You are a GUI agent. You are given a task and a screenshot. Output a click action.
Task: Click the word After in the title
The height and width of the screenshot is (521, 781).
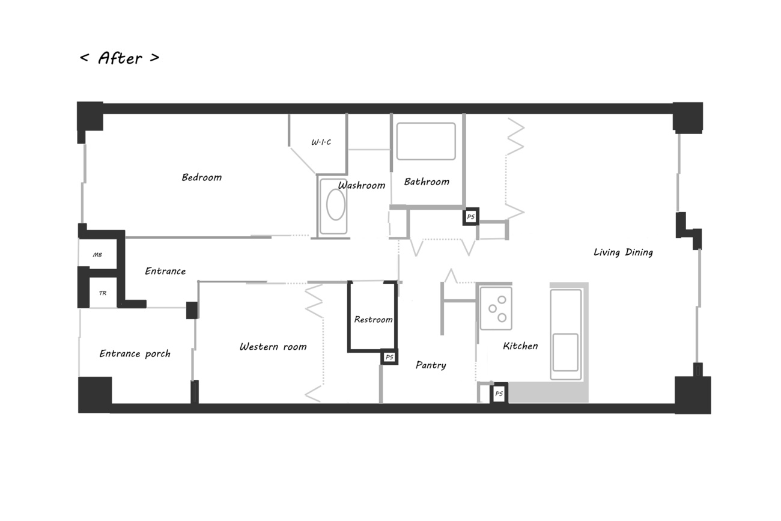click(120, 58)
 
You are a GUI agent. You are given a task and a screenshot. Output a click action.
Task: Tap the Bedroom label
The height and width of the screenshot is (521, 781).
click(201, 177)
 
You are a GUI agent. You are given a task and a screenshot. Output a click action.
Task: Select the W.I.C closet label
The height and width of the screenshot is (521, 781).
click(321, 142)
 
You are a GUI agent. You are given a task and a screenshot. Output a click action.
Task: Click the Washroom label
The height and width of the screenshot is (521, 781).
click(362, 185)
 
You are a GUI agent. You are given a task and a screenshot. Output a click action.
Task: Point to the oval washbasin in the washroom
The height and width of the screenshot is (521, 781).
click(336, 205)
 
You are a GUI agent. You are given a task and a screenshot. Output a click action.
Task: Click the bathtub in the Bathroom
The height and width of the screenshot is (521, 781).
click(426, 141)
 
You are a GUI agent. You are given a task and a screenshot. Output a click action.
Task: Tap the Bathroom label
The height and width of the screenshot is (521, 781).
click(427, 181)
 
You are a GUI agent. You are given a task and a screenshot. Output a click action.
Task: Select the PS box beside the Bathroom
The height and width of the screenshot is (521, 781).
click(470, 216)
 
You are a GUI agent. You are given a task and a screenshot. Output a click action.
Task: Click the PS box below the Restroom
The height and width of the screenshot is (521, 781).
click(389, 357)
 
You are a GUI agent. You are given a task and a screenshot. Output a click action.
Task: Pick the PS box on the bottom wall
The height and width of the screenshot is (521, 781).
click(499, 394)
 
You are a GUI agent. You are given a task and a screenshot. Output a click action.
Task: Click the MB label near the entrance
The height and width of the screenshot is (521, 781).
click(97, 255)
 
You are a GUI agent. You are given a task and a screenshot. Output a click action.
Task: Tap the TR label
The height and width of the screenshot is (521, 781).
click(103, 293)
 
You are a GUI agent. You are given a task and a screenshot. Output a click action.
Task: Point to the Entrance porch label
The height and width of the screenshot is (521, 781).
click(135, 354)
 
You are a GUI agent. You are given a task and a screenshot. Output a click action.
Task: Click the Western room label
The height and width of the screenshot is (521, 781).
click(273, 347)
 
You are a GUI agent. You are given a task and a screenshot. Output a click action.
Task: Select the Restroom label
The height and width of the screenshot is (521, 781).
click(374, 320)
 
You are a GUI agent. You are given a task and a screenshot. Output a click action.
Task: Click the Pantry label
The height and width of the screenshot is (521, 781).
click(431, 365)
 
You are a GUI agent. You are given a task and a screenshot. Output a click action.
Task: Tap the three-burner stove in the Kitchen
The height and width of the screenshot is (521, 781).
click(496, 308)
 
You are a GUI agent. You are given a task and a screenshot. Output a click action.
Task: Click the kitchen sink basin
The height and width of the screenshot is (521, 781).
click(565, 352)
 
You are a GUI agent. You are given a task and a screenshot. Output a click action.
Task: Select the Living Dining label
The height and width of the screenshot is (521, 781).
click(623, 252)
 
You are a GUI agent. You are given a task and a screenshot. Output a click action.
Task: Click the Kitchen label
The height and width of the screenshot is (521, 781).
click(520, 346)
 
